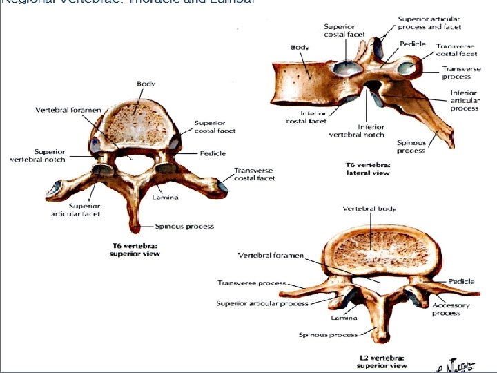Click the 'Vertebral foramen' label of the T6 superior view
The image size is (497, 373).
click(x=68, y=110)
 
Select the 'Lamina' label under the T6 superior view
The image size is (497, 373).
click(x=165, y=198)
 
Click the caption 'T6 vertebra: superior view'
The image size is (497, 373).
click(x=136, y=249)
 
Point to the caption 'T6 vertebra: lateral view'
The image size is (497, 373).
click(x=368, y=169)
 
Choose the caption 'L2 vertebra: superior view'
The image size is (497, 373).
click(x=381, y=361)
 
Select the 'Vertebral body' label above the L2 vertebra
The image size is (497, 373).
click(x=369, y=208)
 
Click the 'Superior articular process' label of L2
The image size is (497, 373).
click(x=262, y=303)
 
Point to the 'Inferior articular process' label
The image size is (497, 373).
click(x=465, y=100)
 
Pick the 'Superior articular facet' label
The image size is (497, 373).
click(x=76, y=210)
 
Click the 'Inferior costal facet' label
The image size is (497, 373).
click(x=306, y=117)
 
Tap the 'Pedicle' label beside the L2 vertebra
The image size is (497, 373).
click(x=461, y=281)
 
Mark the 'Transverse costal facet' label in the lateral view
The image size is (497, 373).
click(x=456, y=50)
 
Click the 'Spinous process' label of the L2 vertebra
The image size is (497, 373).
click(x=328, y=335)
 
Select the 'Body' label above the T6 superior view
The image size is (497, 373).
click(x=146, y=84)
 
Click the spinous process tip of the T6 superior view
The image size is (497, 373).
click(x=133, y=230)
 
